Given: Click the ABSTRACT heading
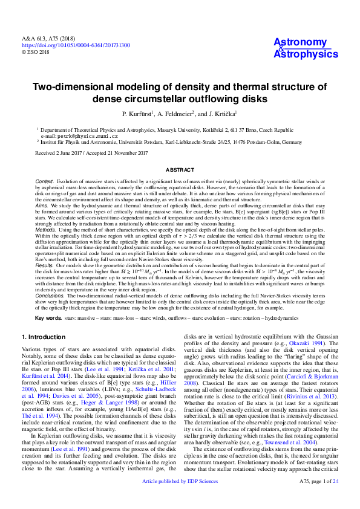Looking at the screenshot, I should (180, 171).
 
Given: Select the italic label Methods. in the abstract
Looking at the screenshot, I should (45, 230).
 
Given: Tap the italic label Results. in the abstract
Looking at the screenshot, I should (44, 264).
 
